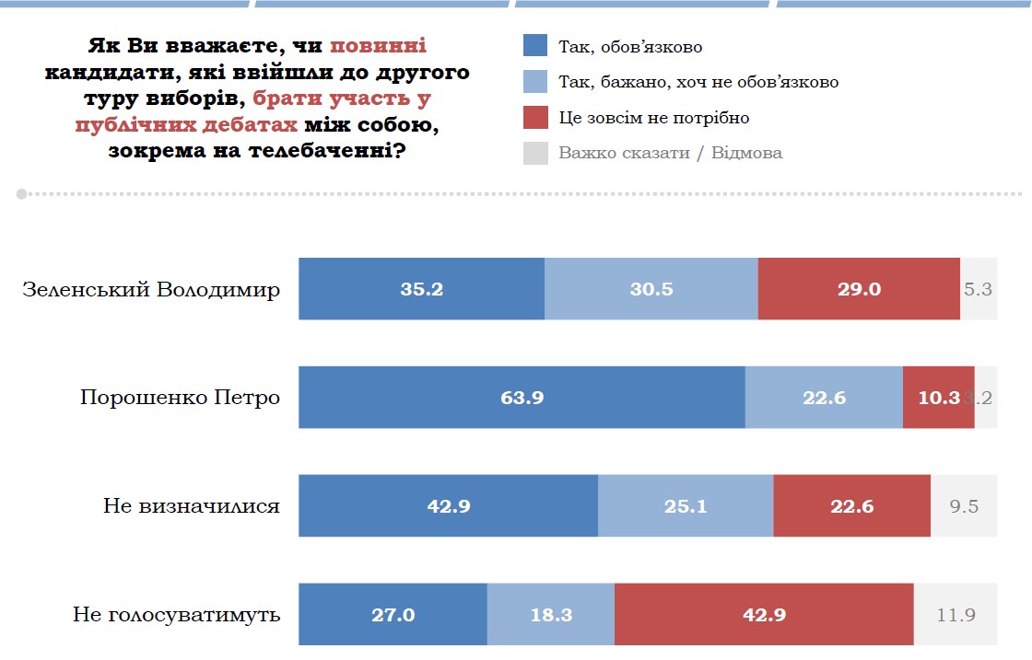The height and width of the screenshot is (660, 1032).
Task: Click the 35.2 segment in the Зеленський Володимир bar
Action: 421,289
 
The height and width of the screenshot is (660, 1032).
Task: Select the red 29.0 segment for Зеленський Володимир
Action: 859,289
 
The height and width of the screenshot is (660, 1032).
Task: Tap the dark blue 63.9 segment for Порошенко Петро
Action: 522,398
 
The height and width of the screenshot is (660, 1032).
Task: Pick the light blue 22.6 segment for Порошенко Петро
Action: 824,398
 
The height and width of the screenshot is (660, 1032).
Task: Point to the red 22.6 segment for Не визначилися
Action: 851,506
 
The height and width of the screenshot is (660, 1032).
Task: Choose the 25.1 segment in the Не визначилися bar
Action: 686,506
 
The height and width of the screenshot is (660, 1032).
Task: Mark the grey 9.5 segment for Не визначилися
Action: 963,506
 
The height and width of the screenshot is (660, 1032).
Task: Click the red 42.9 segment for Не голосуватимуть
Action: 763,615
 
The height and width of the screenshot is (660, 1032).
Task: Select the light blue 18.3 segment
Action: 550,615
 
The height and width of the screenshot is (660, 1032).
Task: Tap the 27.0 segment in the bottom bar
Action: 393,615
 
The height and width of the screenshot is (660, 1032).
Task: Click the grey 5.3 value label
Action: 978,289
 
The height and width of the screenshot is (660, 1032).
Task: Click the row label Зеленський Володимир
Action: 151,290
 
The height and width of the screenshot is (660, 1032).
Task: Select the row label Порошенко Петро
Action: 180,399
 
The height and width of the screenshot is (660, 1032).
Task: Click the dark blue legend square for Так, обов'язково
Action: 535,46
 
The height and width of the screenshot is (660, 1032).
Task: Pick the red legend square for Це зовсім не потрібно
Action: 535,118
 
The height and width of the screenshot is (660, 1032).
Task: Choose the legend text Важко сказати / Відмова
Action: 670,153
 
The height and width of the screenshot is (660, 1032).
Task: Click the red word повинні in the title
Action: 378,45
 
